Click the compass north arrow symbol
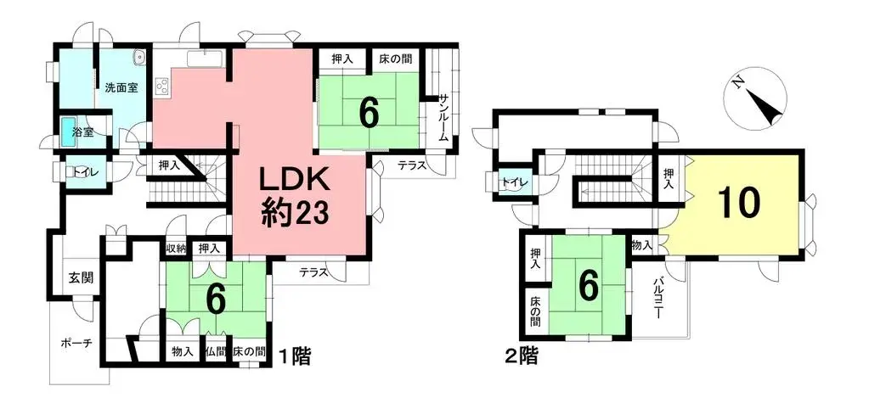755,98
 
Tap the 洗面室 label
121,87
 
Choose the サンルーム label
443,118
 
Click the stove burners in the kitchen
163,86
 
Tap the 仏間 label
216,351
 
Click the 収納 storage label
176,249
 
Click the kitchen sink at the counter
205,59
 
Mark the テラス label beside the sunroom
411,165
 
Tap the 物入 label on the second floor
641,244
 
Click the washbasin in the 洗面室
138,55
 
